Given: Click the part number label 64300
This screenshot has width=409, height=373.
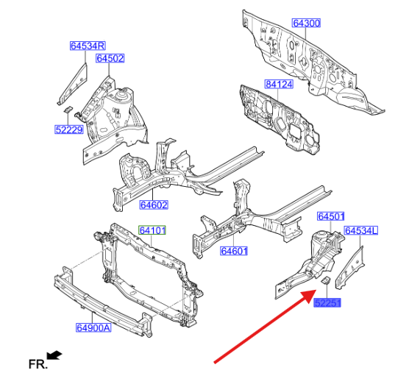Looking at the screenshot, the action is pos(306,23).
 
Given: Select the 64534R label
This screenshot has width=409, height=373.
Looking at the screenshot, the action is pos(88,46).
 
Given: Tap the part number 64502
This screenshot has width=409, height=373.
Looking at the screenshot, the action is pos(110,58).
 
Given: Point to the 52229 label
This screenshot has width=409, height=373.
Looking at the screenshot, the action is pos(69,129).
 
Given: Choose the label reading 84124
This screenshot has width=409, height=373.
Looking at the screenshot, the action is pos(279,85).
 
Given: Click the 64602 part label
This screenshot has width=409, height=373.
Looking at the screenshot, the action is pos(154,205).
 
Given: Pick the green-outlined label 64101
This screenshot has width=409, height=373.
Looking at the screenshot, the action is pos(152,230).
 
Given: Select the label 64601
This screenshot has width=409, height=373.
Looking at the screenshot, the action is pos(234,251).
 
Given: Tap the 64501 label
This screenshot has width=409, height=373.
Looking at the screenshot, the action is pos(331,216).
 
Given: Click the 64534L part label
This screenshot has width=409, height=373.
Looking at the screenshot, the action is pos(361,230).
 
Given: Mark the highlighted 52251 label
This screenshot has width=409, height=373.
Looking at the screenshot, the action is pos(327,303).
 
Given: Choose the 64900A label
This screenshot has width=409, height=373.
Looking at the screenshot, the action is pos(93,327).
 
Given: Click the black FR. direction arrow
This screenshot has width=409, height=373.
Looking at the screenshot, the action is pos(54,355).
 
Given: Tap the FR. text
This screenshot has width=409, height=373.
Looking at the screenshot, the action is pos(38,364).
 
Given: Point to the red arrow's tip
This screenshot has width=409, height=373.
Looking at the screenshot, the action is pos(316,290).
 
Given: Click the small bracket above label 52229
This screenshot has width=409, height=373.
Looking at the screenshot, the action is pos(68,109).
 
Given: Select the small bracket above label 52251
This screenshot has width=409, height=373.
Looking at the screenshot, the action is pos(326,281).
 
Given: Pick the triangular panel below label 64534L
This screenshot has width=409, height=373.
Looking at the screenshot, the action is pos(350,268).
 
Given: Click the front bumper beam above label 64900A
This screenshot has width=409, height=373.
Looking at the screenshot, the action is pos(102,303).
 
